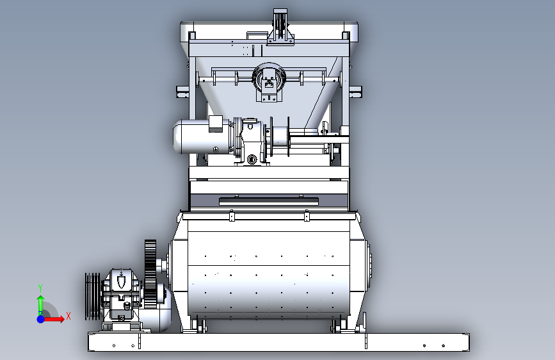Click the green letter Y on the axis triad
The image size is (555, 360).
click(40, 288)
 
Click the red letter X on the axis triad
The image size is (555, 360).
click(68, 316)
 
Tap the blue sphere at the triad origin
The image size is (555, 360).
click(41, 319)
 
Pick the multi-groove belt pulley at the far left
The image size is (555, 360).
click(92, 296)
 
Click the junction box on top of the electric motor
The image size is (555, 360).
click(216, 124)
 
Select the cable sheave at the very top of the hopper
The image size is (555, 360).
click(280, 24)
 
